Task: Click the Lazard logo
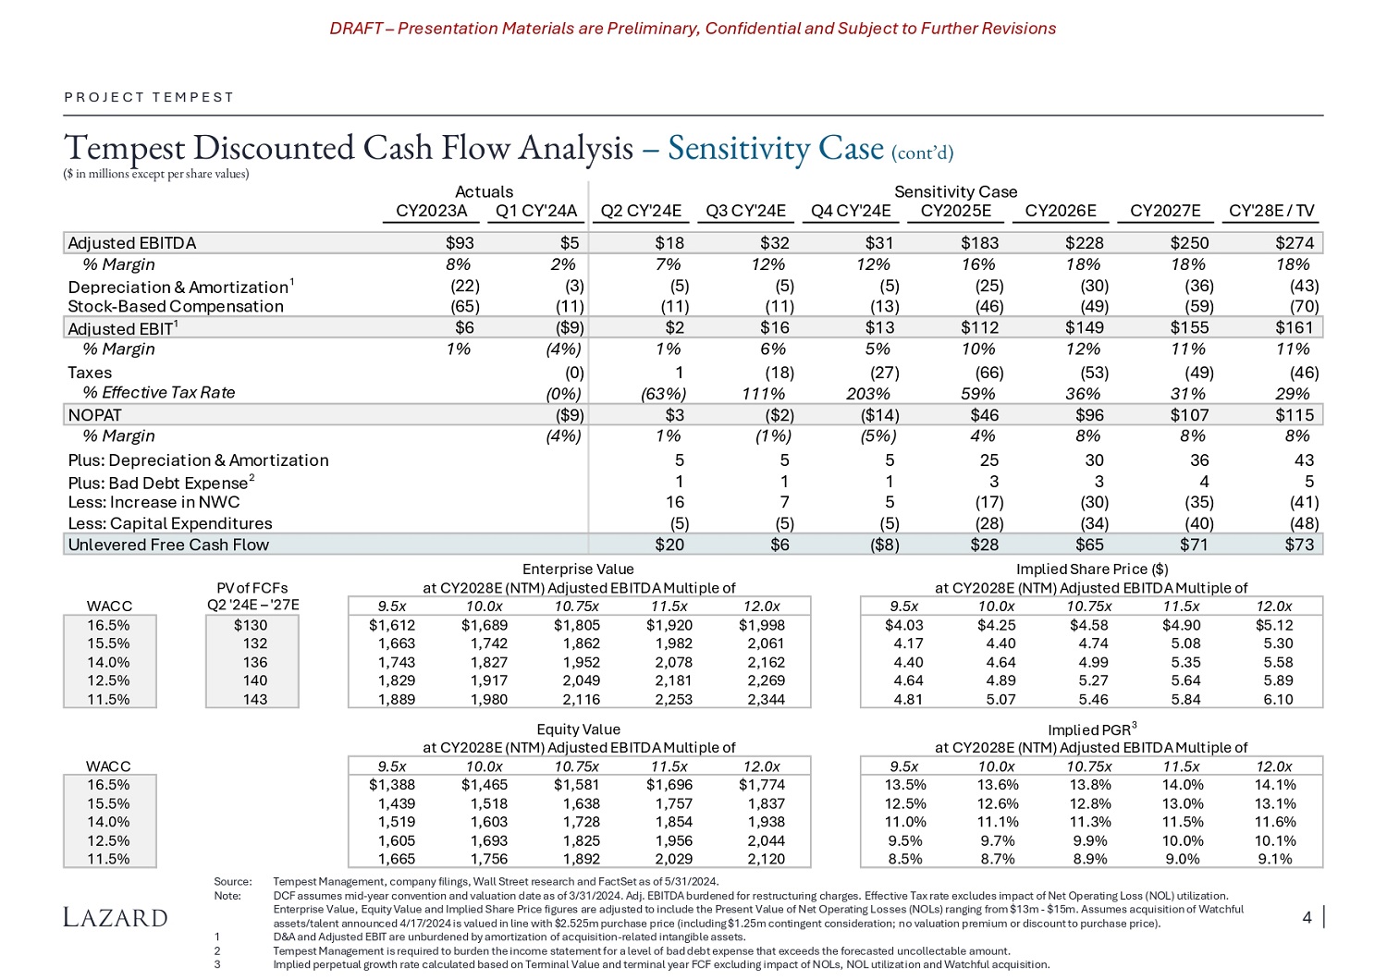tap(116, 917)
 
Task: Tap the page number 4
tap(1307, 917)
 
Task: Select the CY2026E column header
tap(1061, 211)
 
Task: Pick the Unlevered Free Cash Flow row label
tap(168, 545)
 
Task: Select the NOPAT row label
tap(94, 415)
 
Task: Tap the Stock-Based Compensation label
tap(176, 306)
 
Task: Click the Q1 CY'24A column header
tap(535, 211)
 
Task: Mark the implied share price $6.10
tap(1278, 699)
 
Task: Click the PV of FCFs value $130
tap(251, 625)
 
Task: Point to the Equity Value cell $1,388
tap(392, 785)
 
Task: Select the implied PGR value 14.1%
tap(1275, 785)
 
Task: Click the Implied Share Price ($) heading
tap(1091, 570)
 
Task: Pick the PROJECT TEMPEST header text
tap(149, 97)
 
